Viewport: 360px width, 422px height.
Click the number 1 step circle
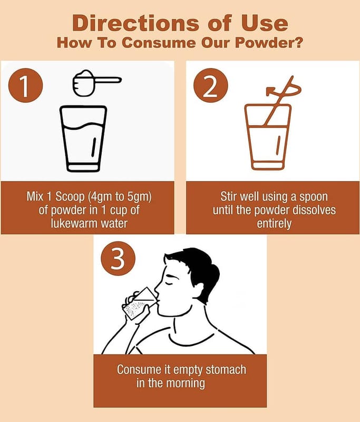coord(25,85)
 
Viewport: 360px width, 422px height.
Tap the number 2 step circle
coord(210,85)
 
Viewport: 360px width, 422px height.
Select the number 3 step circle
coord(118,258)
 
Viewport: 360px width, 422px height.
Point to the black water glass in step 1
coord(83,139)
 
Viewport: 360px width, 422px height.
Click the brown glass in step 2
coord(268,137)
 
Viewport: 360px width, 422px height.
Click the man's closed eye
coord(169,283)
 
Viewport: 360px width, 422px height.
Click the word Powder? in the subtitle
coord(269,43)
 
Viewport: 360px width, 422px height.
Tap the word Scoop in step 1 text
coord(70,197)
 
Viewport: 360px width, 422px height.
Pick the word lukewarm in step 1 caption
coord(74,223)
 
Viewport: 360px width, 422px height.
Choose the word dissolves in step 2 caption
coord(314,210)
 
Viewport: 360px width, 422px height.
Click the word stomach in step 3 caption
coord(226,370)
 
